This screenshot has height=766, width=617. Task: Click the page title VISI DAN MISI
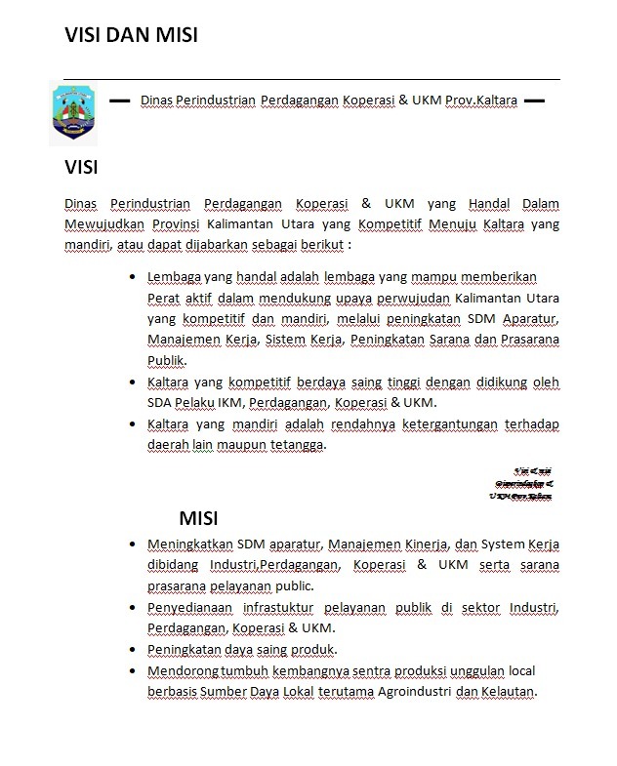click(131, 35)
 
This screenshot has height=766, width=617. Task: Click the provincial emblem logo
click(74, 112)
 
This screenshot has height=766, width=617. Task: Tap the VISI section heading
click(81, 167)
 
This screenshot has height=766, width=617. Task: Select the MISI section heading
click(197, 517)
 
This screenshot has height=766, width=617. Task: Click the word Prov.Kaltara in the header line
click(480, 100)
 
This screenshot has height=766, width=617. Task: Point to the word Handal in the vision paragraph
click(489, 204)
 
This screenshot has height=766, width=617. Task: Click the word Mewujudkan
click(103, 224)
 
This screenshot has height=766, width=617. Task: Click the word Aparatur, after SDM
click(531, 318)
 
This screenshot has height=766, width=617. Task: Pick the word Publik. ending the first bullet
click(166, 360)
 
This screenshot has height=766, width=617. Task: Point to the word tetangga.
click(299, 445)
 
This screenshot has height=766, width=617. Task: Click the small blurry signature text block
click(522, 482)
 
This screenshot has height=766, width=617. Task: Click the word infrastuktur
click(284, 607)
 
